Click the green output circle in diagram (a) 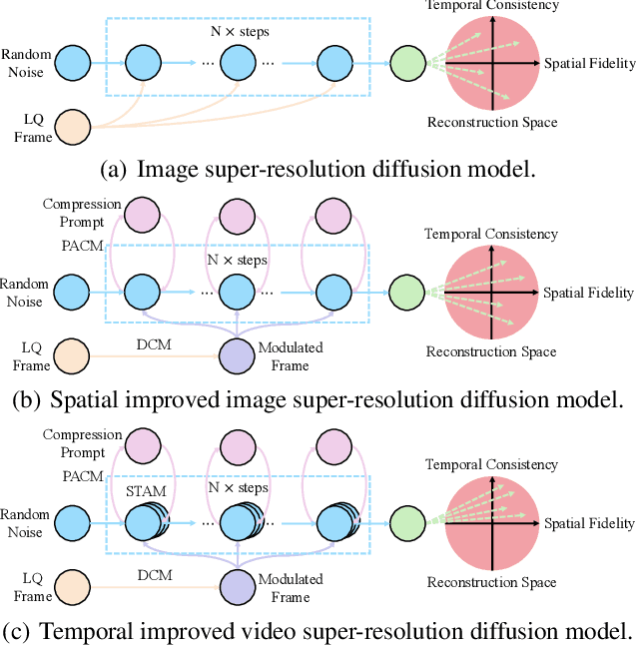[x=406, y=64]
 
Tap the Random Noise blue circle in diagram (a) [x=72, y=64]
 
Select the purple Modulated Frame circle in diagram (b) [x=238, y=355]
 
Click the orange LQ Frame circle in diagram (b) [x=72, y=355]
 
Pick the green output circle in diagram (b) [x=406, y=293]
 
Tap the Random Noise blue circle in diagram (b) [x=72, y=293]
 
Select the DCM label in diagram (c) [x=156, y=575]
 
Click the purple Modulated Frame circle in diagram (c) [x=238, y=586]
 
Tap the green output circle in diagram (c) [x=406, y=522]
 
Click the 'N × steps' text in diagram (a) [x=239, y=32]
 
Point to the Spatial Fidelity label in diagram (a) [x=589, y=64]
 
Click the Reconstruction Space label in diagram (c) [x=491, y=582]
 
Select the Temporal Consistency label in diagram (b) [x=491, y=235]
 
